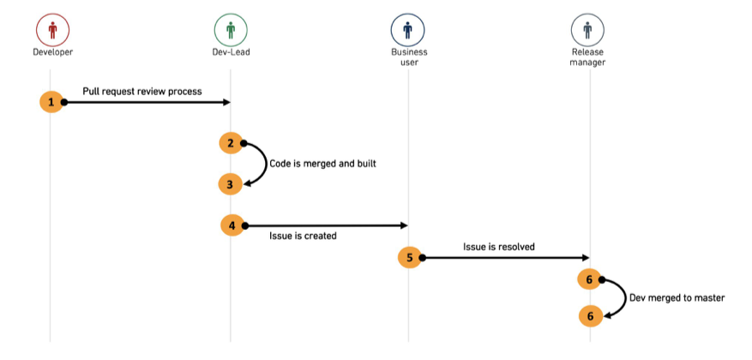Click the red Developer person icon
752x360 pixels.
click(x=53, y=30)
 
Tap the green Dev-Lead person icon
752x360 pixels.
click(x=231, y=30)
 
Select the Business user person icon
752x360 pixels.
click(x=407, y=30)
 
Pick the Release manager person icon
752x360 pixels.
click(x=587, y=30)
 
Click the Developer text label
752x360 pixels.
click(x=53, y=52)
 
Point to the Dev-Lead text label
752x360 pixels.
click(x=232, y=52)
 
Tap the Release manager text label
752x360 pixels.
click(x=588, y=57)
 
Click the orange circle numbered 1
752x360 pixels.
click(x=51, y=102)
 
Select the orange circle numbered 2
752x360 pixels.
click(x=231, y=143)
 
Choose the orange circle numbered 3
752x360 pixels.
click(x=230, y=184)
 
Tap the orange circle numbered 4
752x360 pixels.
click(x=232, y=225)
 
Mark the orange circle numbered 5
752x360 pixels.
click(x=410, y=258)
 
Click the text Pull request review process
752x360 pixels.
click(x=142, y=92)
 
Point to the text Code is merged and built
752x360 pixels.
click(x=322, y=164)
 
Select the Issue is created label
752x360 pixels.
click(x=303, y=236)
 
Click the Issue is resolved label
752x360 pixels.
click(x=499, y=248)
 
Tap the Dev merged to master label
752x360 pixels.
click(x=677, y=298)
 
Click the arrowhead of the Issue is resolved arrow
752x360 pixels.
click(x=586, y=258)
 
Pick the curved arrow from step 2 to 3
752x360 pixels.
click(x=266, y=164)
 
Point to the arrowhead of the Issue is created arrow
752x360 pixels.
click(x=404, y=225)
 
